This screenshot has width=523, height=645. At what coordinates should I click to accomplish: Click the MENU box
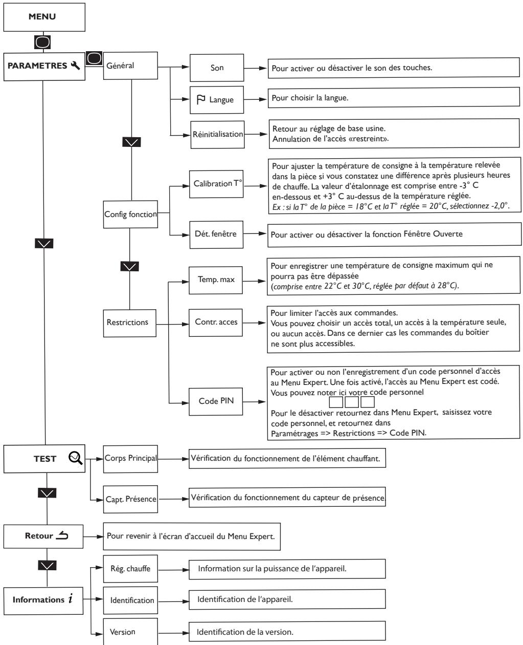[x=44, y=17]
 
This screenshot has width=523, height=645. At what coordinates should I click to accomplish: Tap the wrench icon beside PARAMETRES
[x=75, y=65]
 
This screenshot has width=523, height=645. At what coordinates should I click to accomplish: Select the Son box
[x=217, y=68]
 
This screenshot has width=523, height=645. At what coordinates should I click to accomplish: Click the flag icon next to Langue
[x=201, y=99]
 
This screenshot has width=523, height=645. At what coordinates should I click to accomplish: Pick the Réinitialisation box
[x=217, y=135]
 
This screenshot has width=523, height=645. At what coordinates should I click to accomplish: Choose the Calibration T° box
[x=216, y=184]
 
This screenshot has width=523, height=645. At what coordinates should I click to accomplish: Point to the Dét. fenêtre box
[x=216, y=234]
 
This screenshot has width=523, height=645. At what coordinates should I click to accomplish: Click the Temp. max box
[x=216, y=280]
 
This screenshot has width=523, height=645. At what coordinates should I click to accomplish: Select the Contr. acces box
[x=216, y=322]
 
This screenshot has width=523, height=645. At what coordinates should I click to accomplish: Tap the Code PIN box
[x=216, y=401]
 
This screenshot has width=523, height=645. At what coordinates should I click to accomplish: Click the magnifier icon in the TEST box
[x=75, y=458]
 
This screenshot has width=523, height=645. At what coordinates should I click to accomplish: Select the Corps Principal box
[x=130, y=459]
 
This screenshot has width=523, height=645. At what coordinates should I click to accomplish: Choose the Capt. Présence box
[x=130, y=499]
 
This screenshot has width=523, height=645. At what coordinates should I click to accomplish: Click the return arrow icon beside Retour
[x=62, y=535]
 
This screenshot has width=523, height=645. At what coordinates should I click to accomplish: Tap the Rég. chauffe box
[x=130, y=569]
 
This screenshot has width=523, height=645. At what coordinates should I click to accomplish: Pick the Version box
[x=130, y=631]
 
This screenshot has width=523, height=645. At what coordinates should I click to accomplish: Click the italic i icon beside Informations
[x=71, y=598]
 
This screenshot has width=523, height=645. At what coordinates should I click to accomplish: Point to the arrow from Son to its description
[x=256, y=68]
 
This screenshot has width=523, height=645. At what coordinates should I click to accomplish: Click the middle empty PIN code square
[x=352, y=402]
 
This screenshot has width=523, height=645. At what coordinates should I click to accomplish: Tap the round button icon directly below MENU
[x=42, y=42]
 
